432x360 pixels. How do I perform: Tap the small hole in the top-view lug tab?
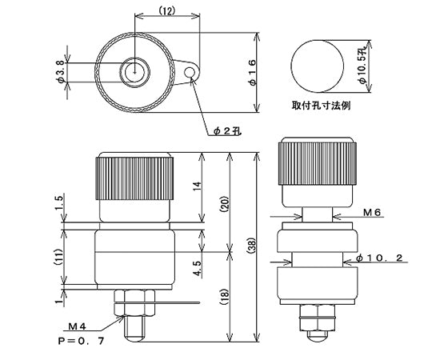click(190, 74)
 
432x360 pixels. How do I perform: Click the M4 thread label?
click(78, 326)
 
